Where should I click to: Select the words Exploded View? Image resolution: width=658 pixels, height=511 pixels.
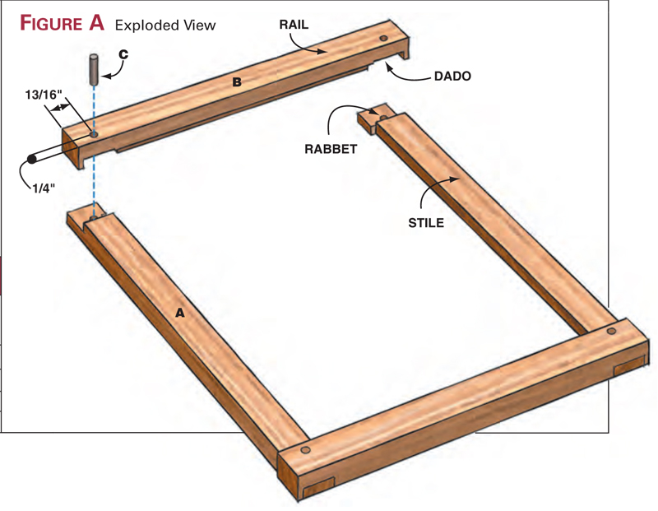tap(165, 25)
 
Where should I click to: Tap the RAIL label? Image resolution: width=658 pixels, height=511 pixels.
tap(293, 25)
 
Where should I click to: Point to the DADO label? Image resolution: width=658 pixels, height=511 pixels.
tap(454, 77)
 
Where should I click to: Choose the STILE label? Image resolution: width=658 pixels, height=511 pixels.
tap(426, 221)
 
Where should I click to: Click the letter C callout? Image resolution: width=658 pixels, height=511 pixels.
tap(123, 54)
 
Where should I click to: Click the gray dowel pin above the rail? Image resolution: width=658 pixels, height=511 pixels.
tap(95, 67)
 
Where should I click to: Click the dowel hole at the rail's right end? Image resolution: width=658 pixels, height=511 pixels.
tap(385, 39)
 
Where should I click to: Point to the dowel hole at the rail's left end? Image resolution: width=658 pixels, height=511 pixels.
tap(94, 132)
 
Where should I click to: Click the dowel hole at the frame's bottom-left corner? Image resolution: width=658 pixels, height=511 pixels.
tap(306, 451)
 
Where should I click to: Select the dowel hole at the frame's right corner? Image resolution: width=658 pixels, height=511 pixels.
tap(611, 330)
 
